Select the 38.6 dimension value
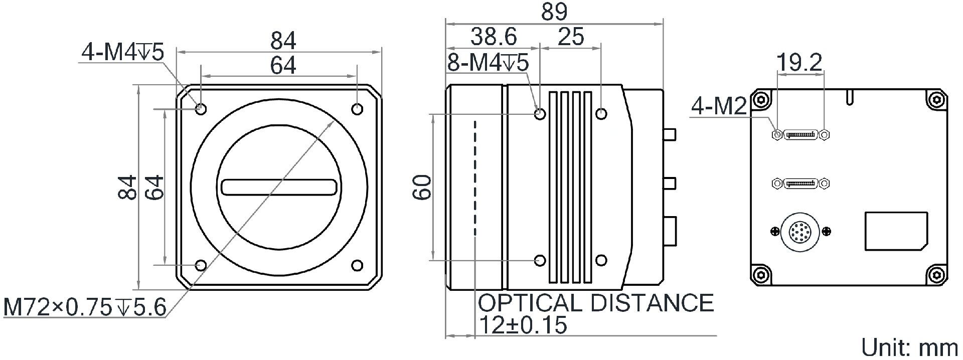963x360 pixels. coord(494,36)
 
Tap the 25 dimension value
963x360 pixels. coord(571,36)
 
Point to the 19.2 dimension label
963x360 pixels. coord(799,63)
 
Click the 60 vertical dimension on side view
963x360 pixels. coord(423,187)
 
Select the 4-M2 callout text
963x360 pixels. coord(719,106)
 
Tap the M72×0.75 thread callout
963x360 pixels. coord(84,307)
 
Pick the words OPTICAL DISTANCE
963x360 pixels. coord(595,303)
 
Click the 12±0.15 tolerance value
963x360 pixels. coord(523,325)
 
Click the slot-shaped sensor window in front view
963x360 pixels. coord(279,187)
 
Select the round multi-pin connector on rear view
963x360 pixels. coord(800,231)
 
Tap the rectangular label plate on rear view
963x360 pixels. coord(896,231)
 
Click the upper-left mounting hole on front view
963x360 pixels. coord(201,108)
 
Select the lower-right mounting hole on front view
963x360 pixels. coord(357,265)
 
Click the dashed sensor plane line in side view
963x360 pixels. coord(474,178)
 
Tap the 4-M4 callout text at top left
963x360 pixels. coord(123,52)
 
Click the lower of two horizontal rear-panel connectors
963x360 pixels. coord(800,184)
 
